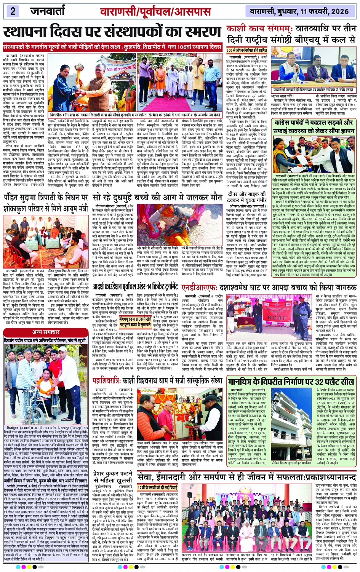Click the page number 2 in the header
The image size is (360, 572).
13,11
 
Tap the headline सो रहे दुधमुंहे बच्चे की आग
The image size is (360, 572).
157,198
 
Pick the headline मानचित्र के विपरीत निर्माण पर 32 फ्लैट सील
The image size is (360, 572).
291,371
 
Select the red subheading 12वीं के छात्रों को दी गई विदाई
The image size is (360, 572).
158,487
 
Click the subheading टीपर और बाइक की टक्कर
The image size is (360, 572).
246,197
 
